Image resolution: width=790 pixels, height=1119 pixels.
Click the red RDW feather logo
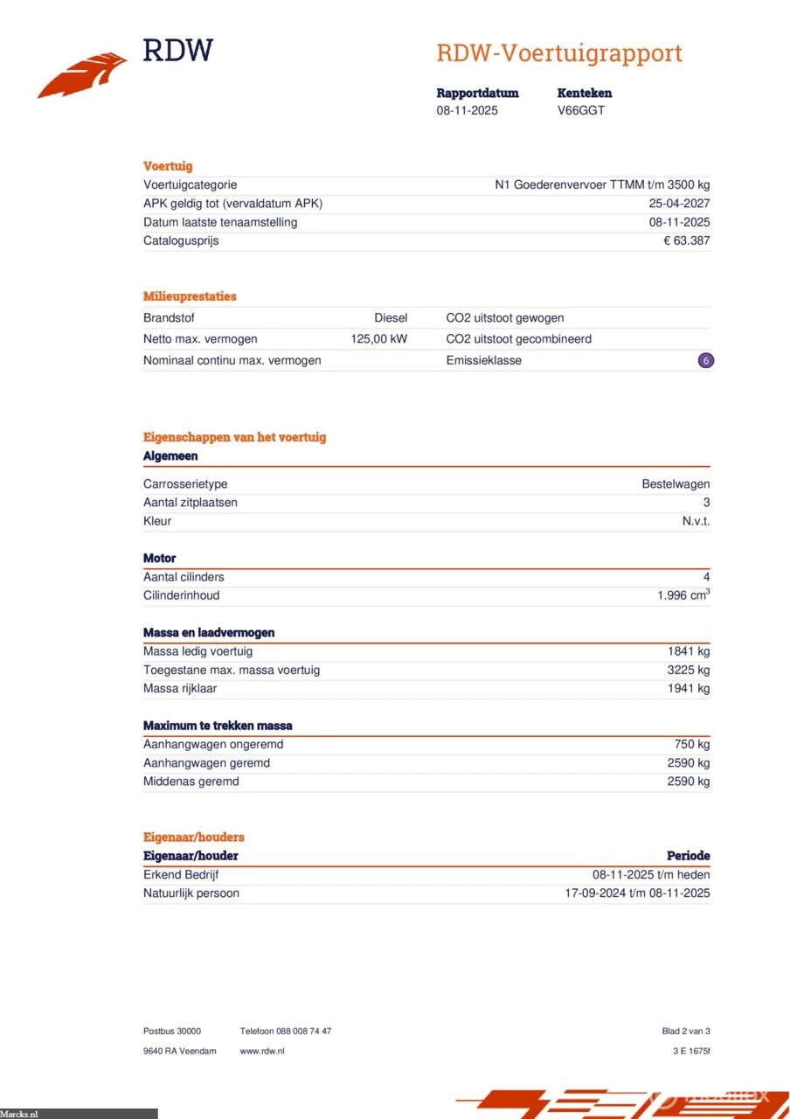[x=80, y=75]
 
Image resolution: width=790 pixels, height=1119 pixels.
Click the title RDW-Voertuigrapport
[x=558, y=53]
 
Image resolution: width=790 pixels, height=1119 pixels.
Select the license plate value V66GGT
[x=581, y=110]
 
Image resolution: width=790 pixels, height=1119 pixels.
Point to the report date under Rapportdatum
[x=467, y=110]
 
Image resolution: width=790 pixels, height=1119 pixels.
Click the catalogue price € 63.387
[x=686, y=240]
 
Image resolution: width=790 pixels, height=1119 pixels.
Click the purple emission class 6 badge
[x=706, y=360]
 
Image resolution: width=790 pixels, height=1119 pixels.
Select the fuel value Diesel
[x=391, y=318]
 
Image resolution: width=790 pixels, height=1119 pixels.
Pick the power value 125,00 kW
[x=378, y=339]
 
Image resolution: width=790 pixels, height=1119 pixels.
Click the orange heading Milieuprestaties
[x=190, y=296]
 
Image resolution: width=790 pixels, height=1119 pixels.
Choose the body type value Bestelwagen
[x=676, y=484]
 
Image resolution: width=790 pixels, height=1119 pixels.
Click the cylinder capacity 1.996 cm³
[x=683, y=595]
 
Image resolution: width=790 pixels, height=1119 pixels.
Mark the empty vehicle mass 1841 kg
[x=689, y=651]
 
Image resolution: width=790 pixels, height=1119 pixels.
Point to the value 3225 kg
[x=689, y=670]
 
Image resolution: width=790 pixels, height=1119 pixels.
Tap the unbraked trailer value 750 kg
[x=692, y=744]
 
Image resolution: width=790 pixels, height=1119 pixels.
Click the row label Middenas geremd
[x=191, y=782]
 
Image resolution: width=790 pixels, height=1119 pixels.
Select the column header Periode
[x=689, y=856]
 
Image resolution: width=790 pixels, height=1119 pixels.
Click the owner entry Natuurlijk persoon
[x=191, y=893]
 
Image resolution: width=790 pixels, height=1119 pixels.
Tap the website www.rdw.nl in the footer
[x=262, y=1051]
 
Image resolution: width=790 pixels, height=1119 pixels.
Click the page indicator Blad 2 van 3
[x=686, y=1032]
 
